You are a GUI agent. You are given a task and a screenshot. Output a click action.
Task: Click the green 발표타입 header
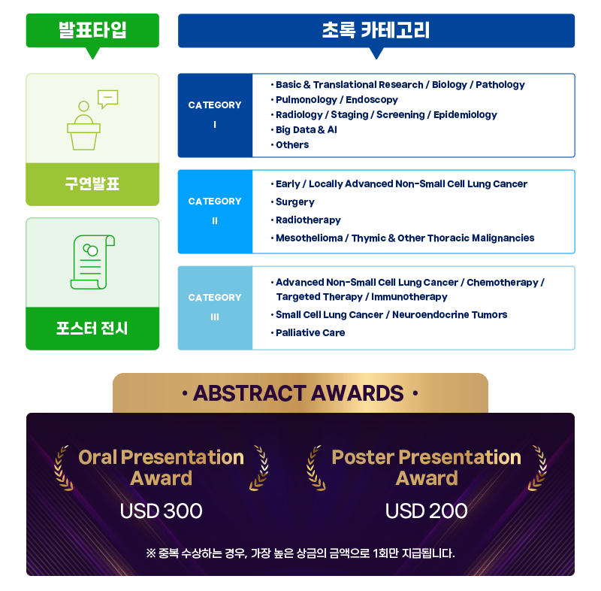tap(92, 31)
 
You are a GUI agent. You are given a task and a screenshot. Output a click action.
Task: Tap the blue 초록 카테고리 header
tap(376, 31)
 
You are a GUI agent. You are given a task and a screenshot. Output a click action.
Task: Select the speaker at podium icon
tap(83, 126)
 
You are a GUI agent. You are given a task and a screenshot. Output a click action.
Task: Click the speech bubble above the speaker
tap(107, 99)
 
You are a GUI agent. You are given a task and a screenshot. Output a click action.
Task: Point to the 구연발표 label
tap(92, 183)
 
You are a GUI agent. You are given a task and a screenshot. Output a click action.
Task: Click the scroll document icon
tap(92, 262)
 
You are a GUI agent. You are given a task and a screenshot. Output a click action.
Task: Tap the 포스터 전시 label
tap(92, 329)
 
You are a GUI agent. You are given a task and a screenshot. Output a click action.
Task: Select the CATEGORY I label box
tap(215, 116)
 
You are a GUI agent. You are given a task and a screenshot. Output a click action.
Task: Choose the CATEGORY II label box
tap(215, 212)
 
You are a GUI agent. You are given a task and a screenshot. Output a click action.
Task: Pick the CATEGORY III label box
tap(215, 308)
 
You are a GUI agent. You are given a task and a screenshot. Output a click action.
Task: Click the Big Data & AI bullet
tap(304, 129)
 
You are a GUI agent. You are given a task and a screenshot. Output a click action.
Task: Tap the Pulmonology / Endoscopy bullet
tap(334, 100)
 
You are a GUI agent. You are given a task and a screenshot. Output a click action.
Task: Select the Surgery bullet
tap(293, 202)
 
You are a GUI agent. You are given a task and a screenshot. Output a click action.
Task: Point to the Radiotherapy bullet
tap(306, 220)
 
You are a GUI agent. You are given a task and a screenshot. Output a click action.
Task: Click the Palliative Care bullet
tap(308, 332)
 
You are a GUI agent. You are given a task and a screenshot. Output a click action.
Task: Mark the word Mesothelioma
tap(310, 238)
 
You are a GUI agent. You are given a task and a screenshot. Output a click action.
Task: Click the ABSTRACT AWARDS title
tap(298, 393)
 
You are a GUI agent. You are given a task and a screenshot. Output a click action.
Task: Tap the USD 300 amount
tap(161, 511)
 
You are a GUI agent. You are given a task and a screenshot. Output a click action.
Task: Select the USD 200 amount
tap(426, 511)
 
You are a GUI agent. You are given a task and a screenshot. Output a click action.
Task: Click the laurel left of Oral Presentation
tap(63, 468)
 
